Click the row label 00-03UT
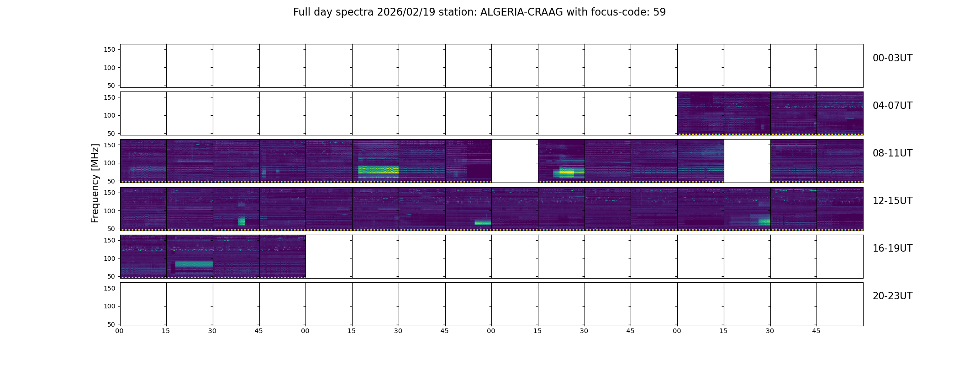click(892, 58)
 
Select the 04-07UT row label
click(892, 106)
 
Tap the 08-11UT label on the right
click(892, 153)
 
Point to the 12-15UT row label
click(892, 201)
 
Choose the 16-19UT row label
click(892, 248)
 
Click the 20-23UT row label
click(892, 296)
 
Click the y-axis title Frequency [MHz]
click(95, 183)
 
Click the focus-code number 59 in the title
click(659, 12)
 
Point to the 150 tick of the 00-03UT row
click(110, 49)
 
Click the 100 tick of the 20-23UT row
click(110, 306)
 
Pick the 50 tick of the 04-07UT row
click(111, 134)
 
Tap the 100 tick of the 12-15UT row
click(110, 211)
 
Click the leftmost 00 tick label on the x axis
click(120, 331)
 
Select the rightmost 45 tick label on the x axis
click(816, 331)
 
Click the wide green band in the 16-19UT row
click(194, 264)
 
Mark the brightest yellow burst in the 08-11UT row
click(567, 173)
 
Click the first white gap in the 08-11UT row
click(515, 161)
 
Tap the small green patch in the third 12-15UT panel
click(242, 221)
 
